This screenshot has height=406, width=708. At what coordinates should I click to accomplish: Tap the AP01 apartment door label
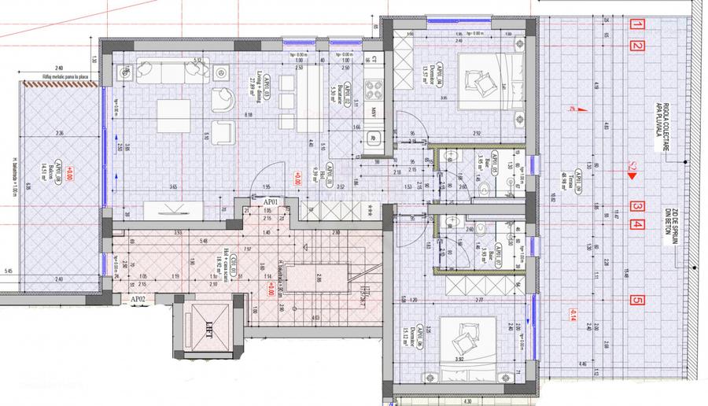pos(271,202)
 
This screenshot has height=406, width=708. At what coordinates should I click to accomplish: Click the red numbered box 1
pos(638,24)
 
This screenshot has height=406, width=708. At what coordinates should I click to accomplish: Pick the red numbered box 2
pos(638,46)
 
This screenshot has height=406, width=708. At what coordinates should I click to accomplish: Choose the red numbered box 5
pos(637,300)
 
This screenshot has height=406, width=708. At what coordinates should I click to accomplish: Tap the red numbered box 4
pos(638,224)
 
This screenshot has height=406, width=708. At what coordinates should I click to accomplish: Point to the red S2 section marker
pos(631,167)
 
